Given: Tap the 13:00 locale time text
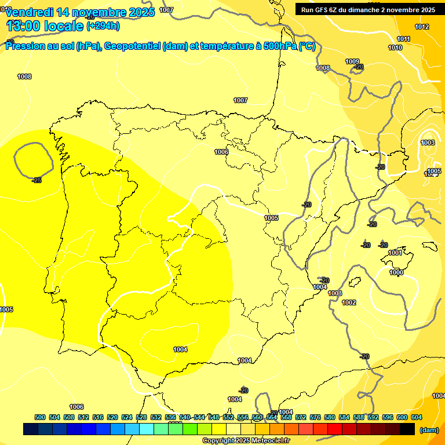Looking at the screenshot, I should coord(45,25).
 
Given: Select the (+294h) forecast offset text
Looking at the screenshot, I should coord(103,26).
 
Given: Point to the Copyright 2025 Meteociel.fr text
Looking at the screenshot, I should coord(246,440).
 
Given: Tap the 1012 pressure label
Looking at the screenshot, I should coord(422,27).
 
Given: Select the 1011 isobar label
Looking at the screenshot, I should coord(403,39).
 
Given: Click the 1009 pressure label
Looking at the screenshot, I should coord(352,62).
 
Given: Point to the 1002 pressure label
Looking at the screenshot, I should coord(349,302).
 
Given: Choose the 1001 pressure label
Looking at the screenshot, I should coord(395,253).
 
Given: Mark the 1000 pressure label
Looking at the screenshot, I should coord(396,272).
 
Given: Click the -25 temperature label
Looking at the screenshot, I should coord(37,180).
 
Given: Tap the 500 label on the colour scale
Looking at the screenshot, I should coord(40,417).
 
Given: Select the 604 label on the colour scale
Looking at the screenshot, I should coord(416,417).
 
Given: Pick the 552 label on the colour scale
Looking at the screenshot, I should coord(228,417).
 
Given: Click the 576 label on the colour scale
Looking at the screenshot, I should coord(315,417).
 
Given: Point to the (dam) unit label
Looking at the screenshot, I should coord(429,430).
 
